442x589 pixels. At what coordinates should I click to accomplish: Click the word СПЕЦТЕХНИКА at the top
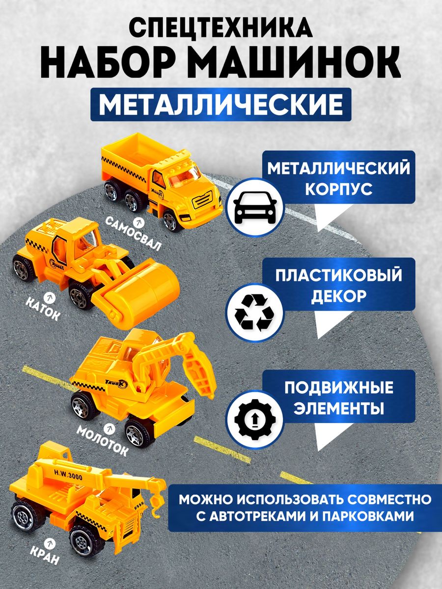pyautogui.click(x=221, y=28)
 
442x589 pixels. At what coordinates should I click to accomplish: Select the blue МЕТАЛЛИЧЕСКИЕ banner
pyautogui.click(x=221, y=105)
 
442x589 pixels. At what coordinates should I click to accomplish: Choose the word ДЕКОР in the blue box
pyautogui.click(x=339, y=296)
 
